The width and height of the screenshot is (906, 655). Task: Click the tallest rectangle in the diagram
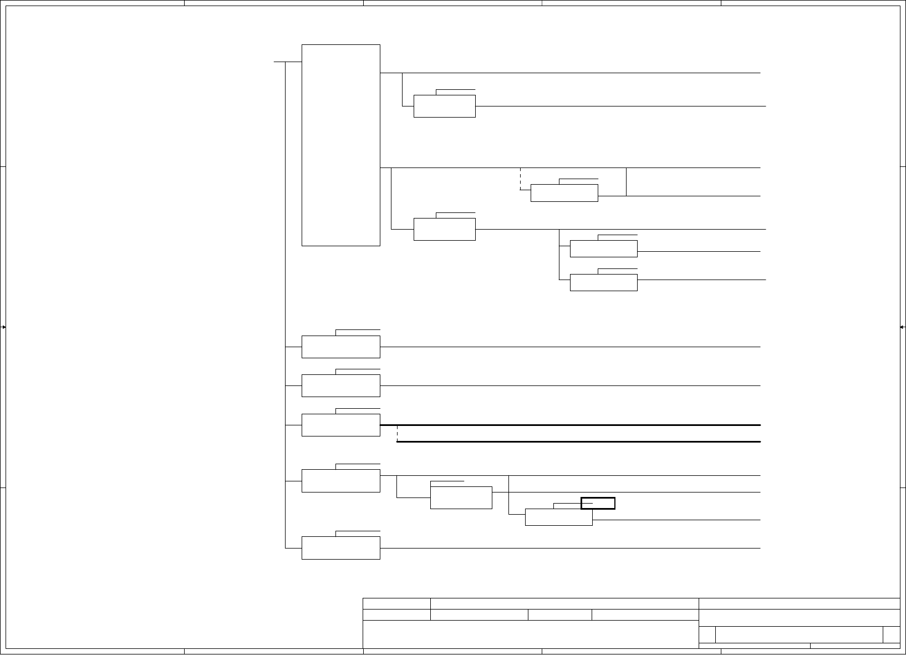(x=340, y=145)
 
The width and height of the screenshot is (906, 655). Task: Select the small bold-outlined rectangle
(x=598, y=503)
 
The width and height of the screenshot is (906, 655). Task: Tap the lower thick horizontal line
(x=577, y=442)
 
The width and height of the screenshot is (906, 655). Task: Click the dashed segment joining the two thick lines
(x=398, y=434)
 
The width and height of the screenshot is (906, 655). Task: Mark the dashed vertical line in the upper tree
(x=520, y=178)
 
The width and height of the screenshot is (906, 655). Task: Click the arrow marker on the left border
(x=3, y=327)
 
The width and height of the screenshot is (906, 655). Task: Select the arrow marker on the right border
(x=902, y=327)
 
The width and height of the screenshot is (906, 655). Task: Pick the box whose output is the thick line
(x=340, y=425)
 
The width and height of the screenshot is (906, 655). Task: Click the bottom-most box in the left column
(x=340, y=548)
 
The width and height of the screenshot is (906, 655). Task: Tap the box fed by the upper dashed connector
(x=564, y=193)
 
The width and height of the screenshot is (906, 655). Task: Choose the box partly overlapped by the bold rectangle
(x=558, y=517)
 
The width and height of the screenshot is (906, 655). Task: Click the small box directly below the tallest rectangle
(x=340, y=347)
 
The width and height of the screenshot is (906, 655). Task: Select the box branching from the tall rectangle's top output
(x=444, y=106)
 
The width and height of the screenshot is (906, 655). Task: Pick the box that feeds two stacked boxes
(x=444, y=229)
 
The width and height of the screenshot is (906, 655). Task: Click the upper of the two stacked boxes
(x=603, y=249)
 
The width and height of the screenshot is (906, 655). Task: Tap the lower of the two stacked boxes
(x=603, y=282)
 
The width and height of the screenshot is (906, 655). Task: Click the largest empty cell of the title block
(x=530, y=633)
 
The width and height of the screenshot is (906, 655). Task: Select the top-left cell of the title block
(x=396, y=603)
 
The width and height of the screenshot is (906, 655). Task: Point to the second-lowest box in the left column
(x=340, y=480)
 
